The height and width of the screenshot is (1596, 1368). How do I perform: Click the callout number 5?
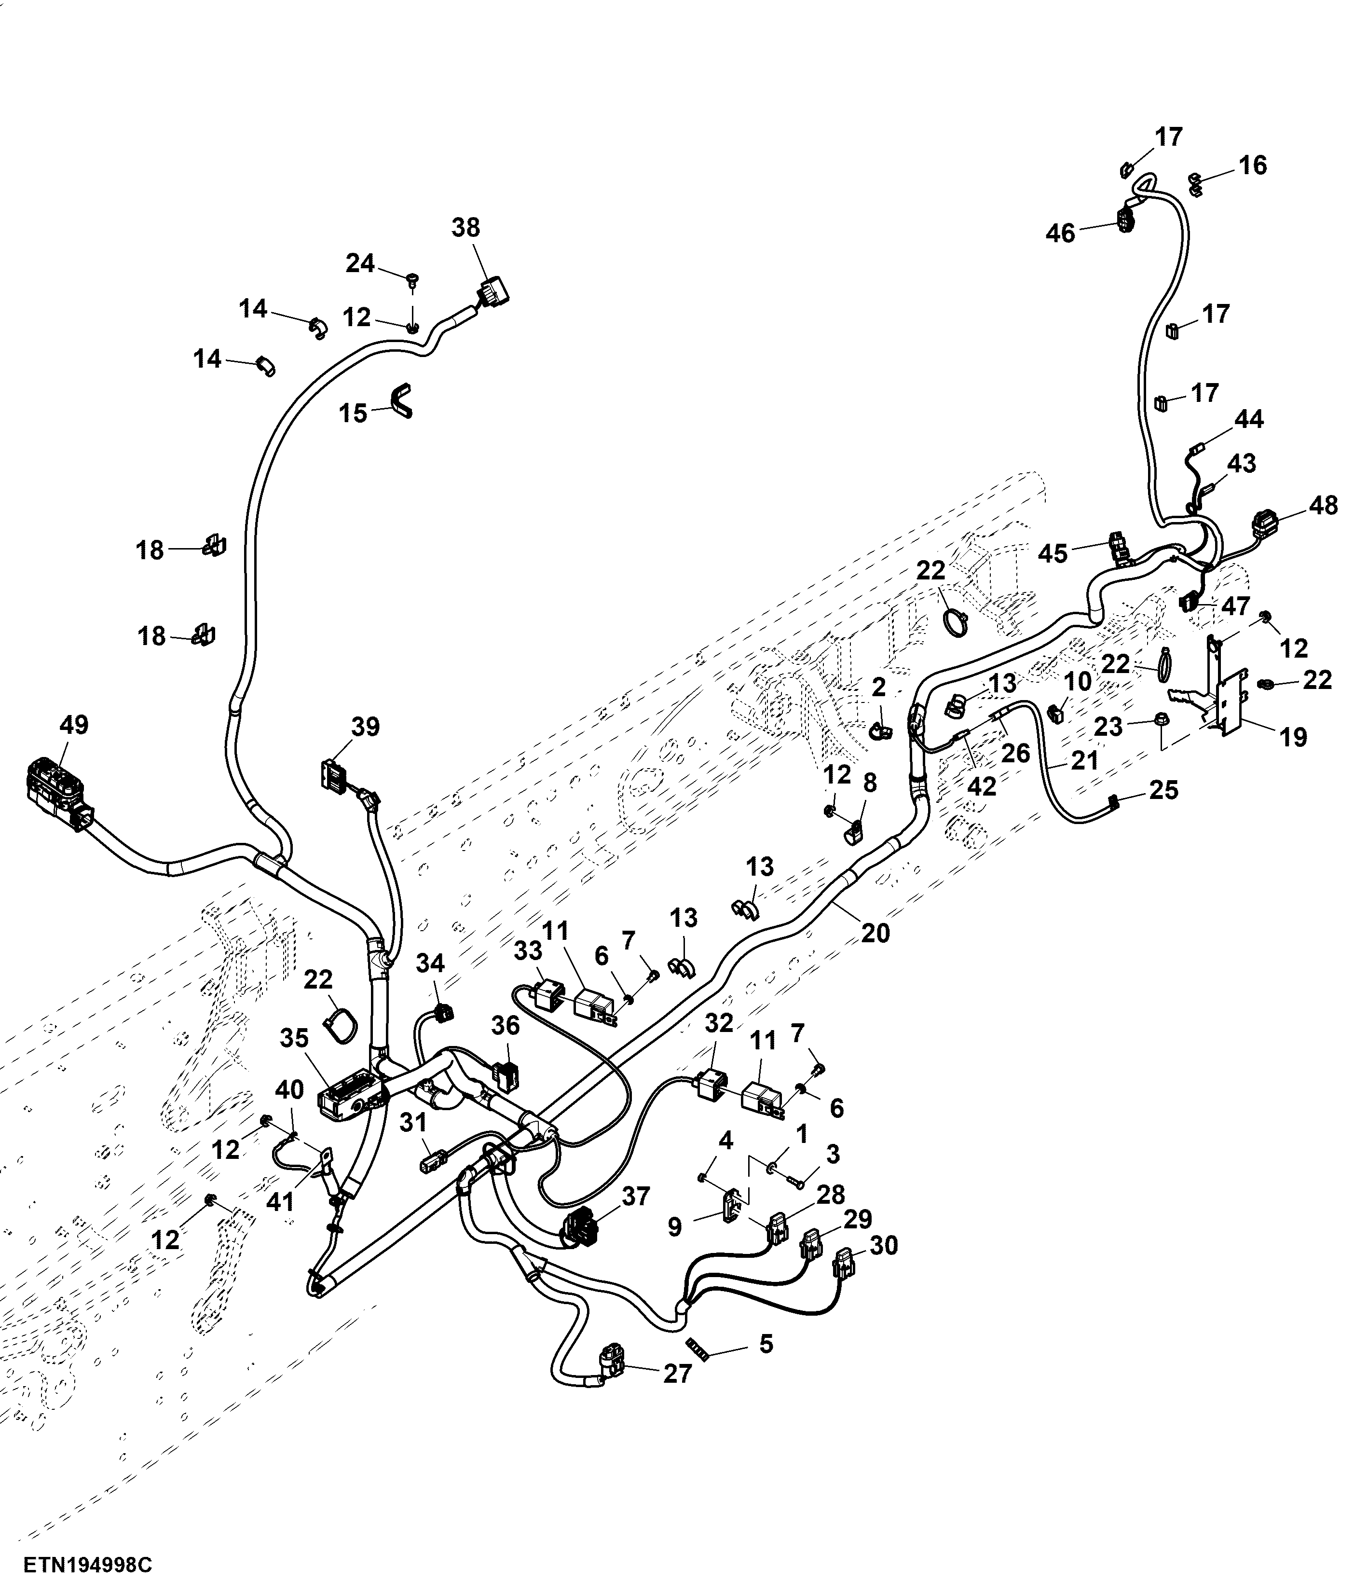pyautogui.click(x=766, y=1344)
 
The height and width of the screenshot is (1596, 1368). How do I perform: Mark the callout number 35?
pyautogui.click(x=293, y=1038)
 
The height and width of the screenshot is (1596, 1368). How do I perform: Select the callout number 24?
pyautogui.click(x=360, y=263)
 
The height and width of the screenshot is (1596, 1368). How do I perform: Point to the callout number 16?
pyautogui.click(x=1252, y=165)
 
